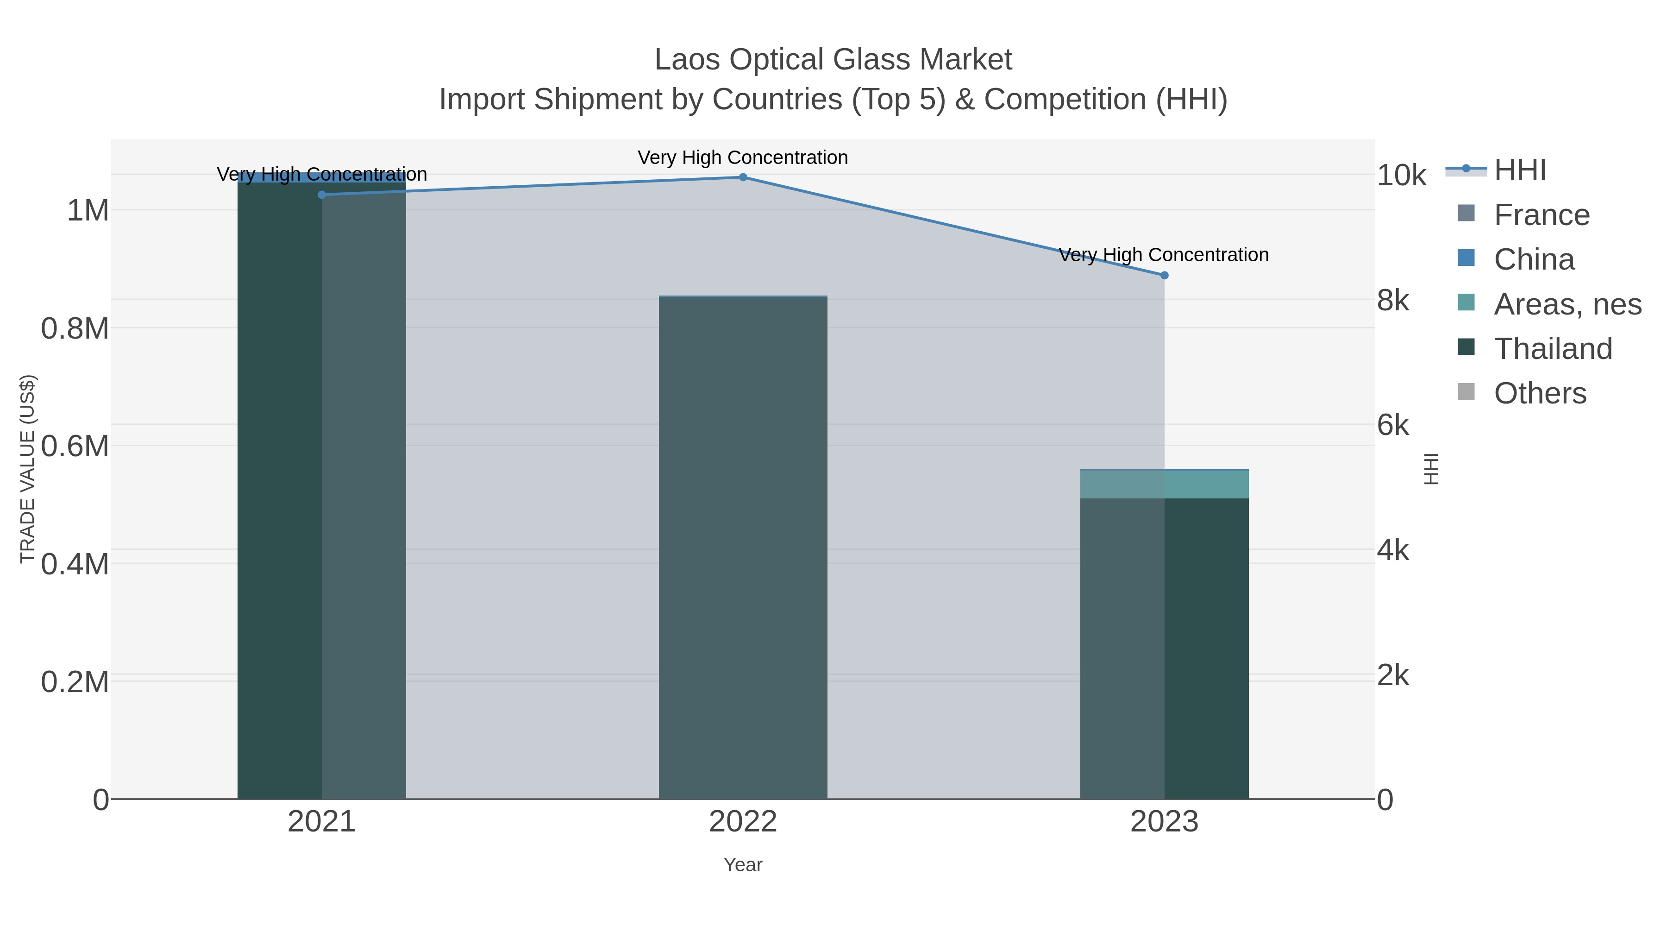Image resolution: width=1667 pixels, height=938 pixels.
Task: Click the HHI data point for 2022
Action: [743, 177]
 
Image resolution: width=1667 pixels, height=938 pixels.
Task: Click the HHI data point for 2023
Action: [1164, 275]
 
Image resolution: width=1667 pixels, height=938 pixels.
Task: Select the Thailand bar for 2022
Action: [743, 550]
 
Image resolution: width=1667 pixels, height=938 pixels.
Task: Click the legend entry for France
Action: [1541, 215]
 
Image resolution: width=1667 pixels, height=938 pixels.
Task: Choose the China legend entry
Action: [1534, 259]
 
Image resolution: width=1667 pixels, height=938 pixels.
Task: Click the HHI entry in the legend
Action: [1519, 170]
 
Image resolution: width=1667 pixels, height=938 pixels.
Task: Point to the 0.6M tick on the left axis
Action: [75, 446]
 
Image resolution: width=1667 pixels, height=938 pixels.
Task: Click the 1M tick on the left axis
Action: [88, 210]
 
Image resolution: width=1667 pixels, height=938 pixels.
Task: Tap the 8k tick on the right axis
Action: [1392, 300]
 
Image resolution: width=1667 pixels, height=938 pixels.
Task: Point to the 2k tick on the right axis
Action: [1392, 675]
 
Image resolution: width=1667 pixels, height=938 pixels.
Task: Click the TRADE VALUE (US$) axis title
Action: [27, 469]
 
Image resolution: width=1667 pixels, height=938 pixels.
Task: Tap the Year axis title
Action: [743, 865]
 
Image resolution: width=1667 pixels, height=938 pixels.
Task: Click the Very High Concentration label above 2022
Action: [743, 157]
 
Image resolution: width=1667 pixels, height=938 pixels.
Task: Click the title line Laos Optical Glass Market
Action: [833, 60]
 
